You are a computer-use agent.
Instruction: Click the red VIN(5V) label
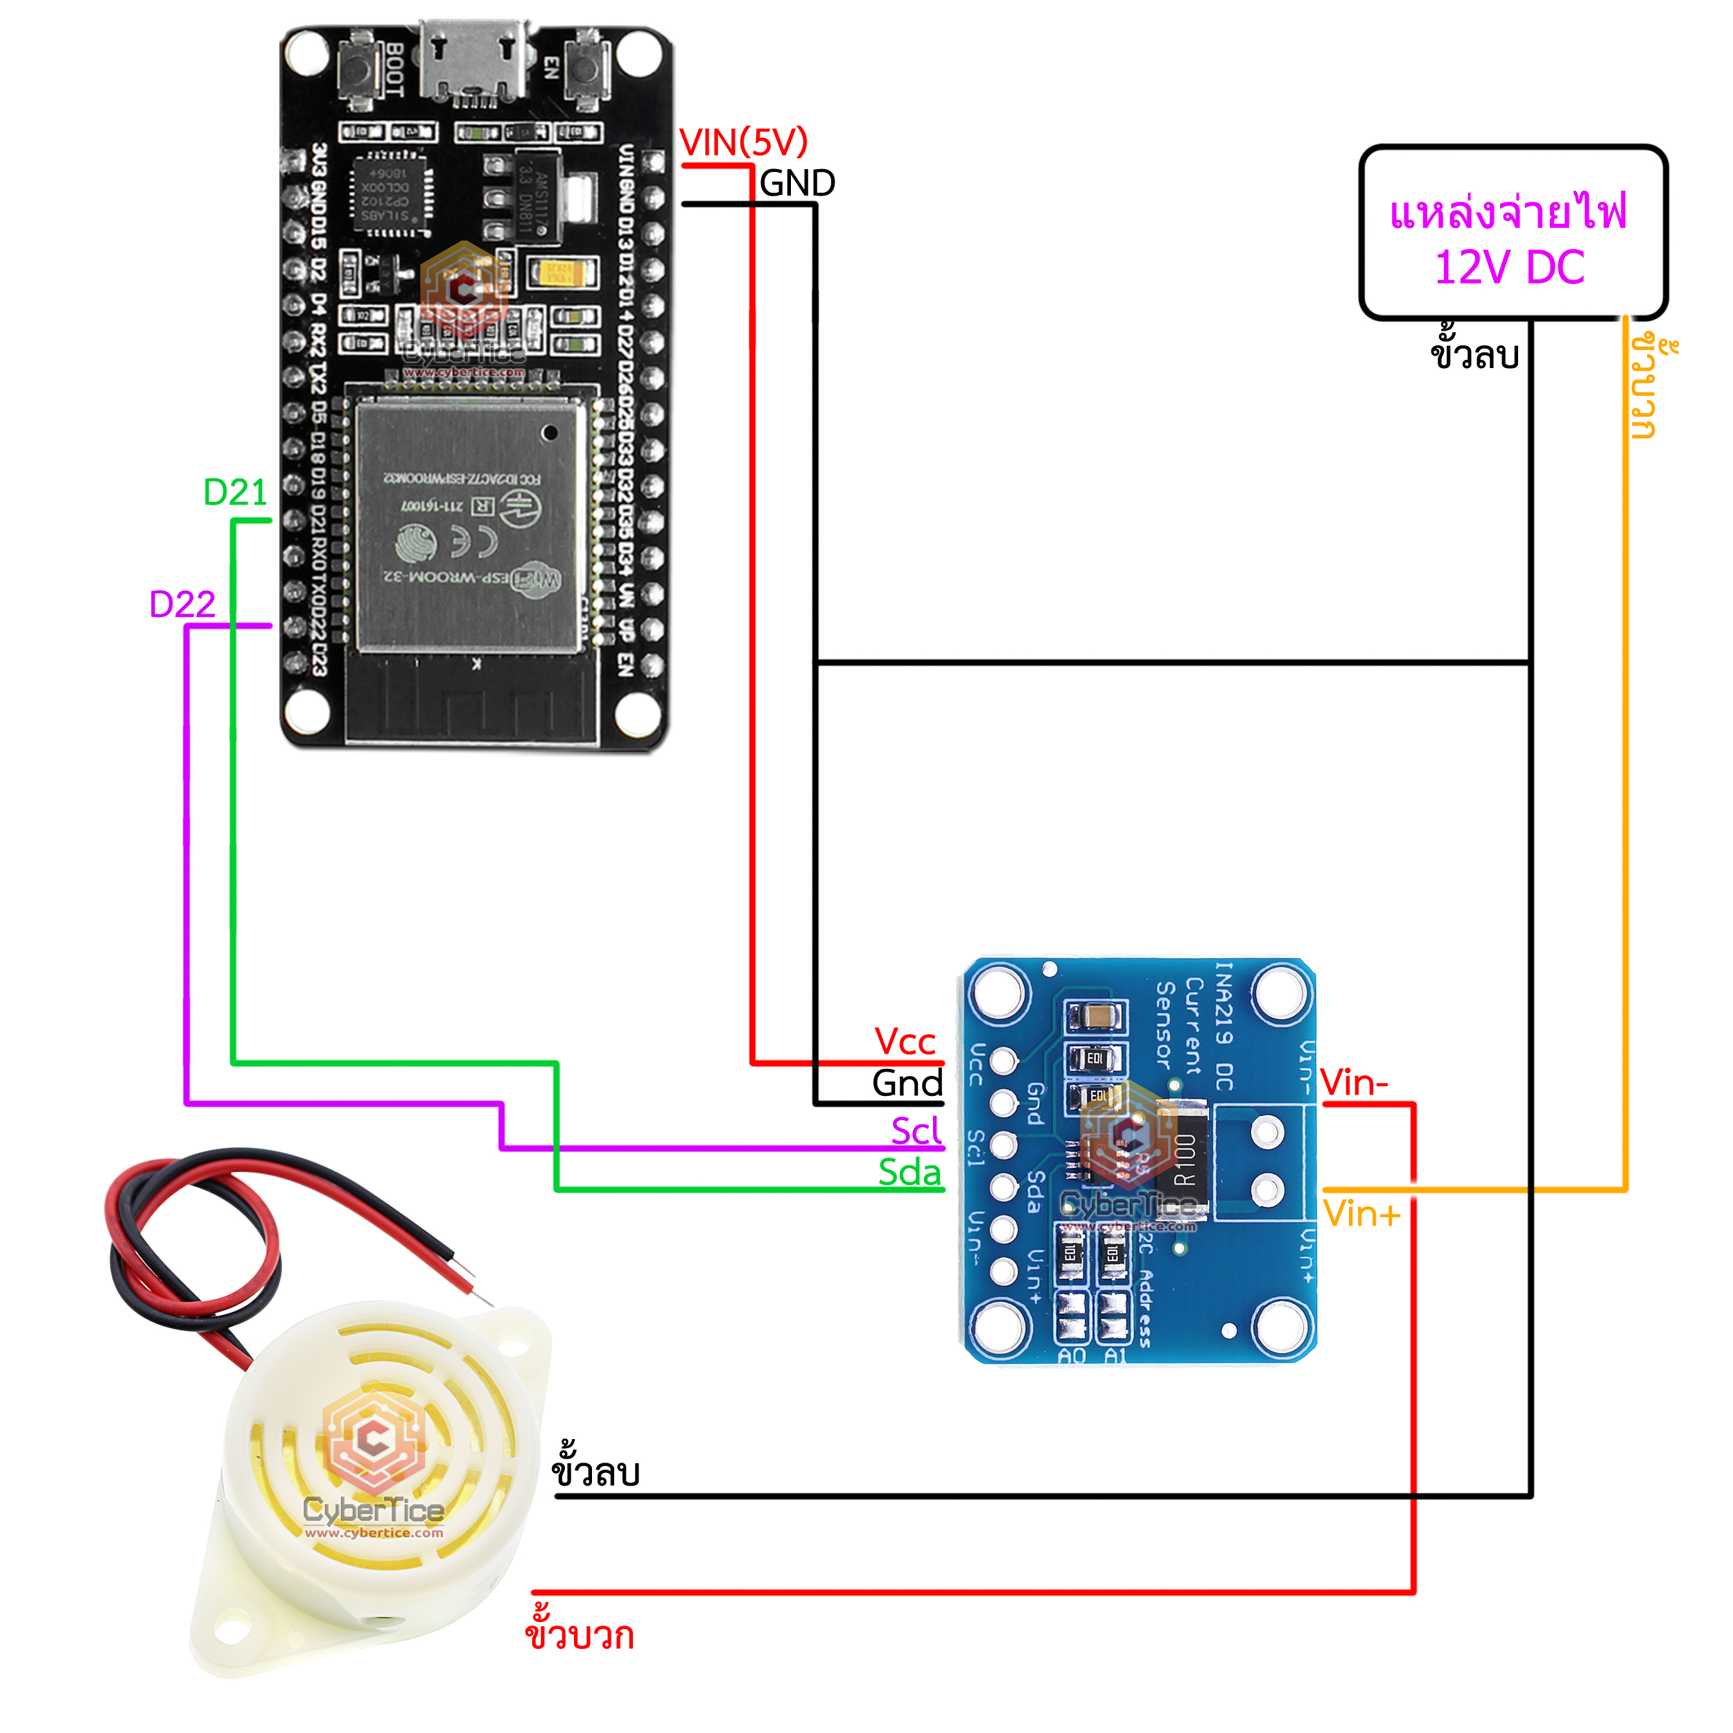click(x=744, y=143)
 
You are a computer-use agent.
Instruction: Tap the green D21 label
click(x=235, y=492)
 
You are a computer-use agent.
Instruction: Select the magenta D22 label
click(x=182, y=604)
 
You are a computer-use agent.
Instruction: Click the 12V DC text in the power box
click(x=1510, y=268)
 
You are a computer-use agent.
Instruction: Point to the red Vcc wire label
click(x=905, y=1041)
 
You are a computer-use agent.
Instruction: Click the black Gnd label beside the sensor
click(x=907, y=1083)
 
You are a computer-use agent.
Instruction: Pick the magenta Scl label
click(x=915, y=1130)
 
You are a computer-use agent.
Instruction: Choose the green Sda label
click(x=909, y=1172)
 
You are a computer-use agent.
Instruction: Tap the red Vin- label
click(x=1354, y=1083)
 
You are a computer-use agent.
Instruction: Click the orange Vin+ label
click(x=1361, y=1214)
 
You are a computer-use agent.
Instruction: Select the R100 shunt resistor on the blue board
click(x=1184, y=1159)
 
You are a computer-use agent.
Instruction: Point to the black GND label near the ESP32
click(x=796, y=184)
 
